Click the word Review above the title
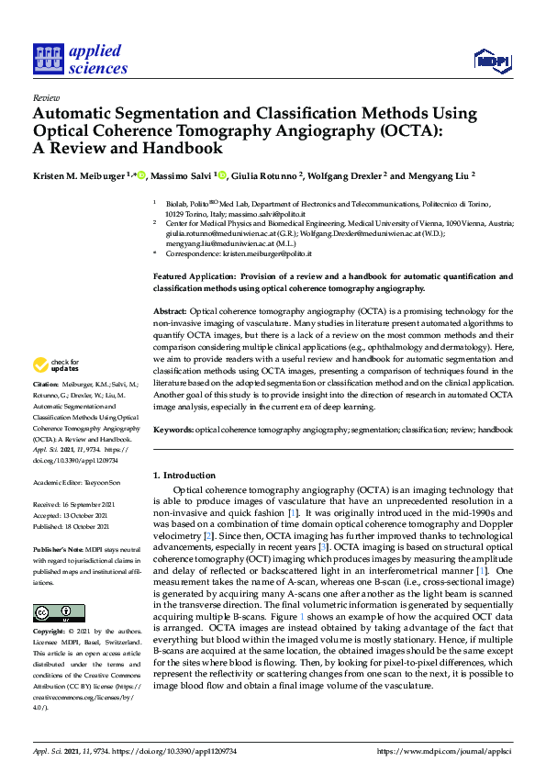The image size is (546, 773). pyautogui.click(x=46, y=96)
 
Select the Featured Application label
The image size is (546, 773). pyautogui.click(x=196, y=275)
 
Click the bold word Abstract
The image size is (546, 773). pyautogui.click(x=171, y=311)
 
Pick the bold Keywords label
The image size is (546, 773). pyautogui.click(x=173, y=430)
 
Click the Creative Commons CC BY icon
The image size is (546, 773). pyautogui.click(x=59, y=613)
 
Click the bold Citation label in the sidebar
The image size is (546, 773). pyautogui.click(x=46, y=385)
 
